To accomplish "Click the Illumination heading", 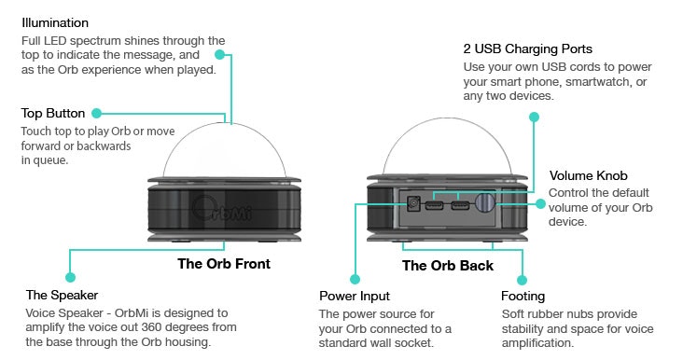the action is click(55, 22).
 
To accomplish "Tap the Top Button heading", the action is click(53, 113).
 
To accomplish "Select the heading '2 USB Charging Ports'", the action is click(527, 48).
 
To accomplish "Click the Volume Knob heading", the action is click(588, 175).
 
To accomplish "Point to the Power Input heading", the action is click(355, 296).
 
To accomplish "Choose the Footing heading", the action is click(523, 297).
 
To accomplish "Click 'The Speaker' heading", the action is click(62, 295).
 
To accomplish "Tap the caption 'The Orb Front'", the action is click(224, 264).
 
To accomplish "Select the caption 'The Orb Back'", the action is click(447, 266).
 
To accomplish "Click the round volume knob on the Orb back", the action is click(484, 202).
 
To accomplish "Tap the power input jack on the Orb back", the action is click(413, 203).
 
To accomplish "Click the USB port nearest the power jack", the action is click(434, 204).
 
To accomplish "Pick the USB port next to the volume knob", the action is click(460, 204).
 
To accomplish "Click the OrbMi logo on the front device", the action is click(221, 209).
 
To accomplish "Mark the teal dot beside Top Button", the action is click(97, 114).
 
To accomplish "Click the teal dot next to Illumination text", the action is click(220, 55).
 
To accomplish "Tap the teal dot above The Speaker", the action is click(70, 277).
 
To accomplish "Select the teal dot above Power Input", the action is click(355, 280).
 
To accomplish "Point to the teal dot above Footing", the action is click(522, 280).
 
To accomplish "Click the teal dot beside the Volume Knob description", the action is click(540, 203).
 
